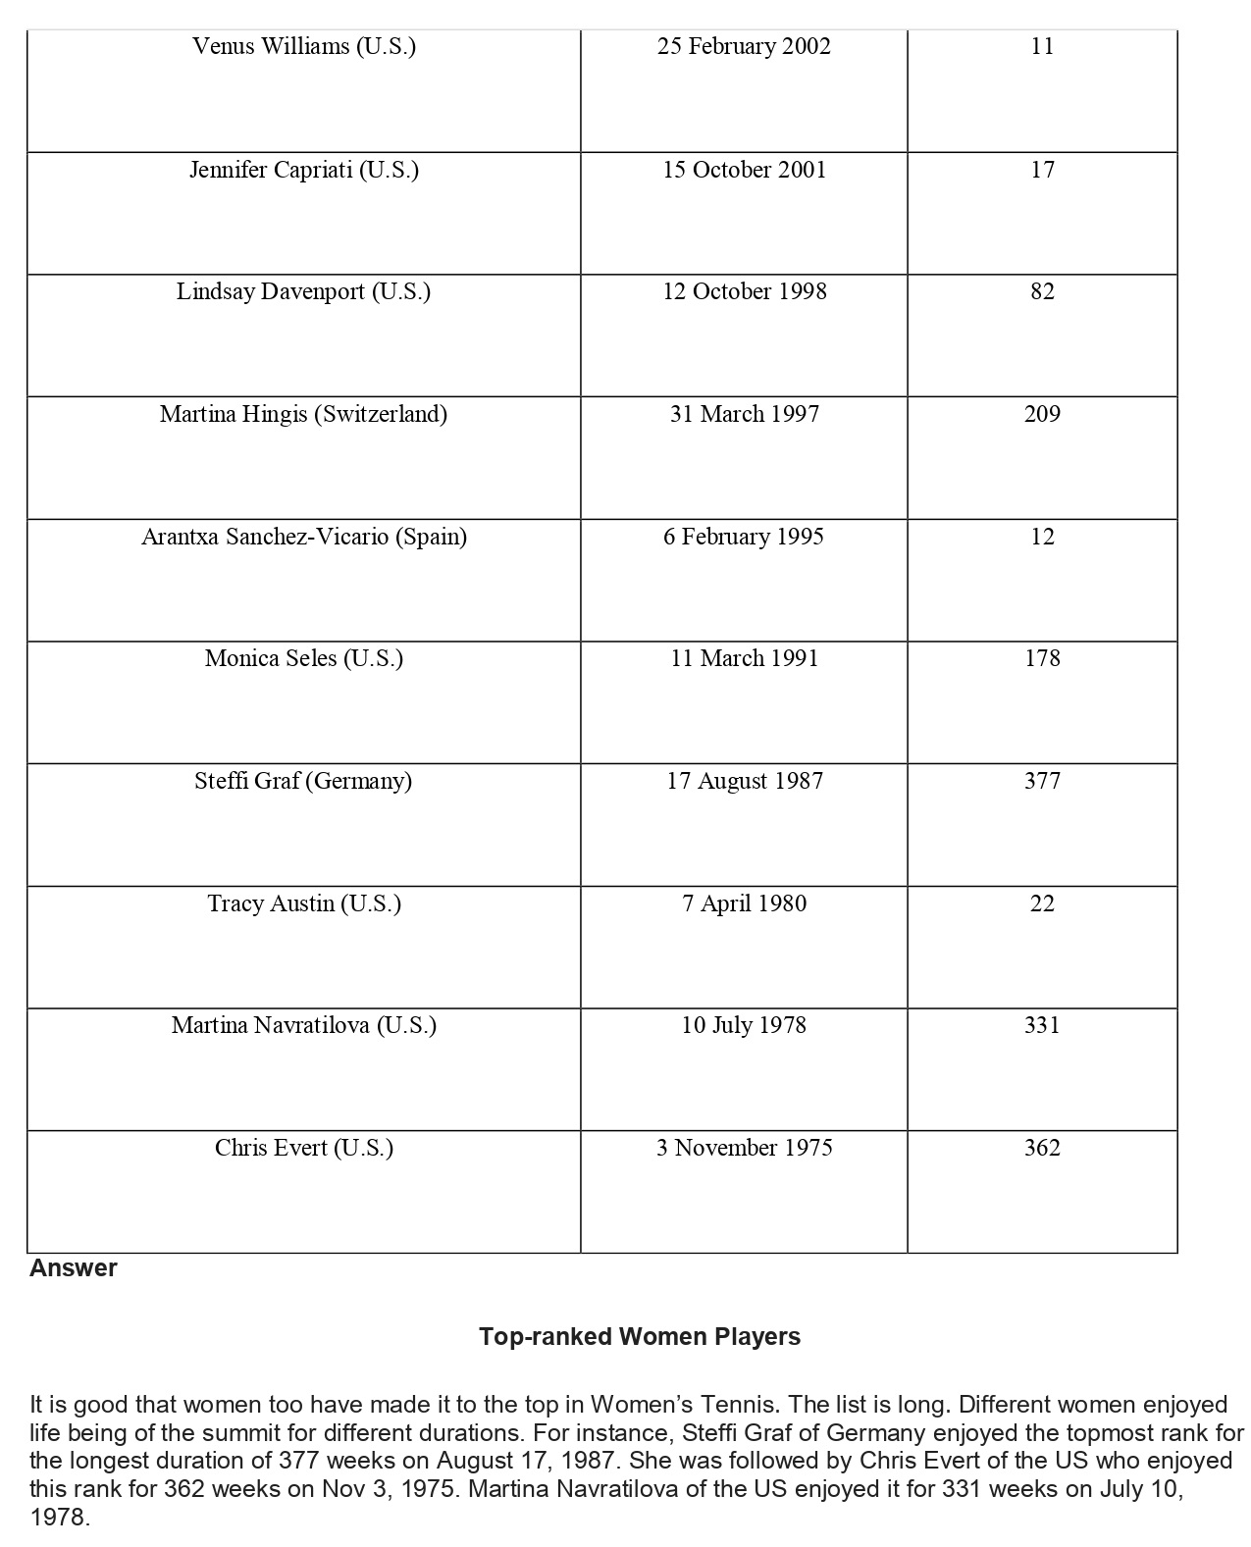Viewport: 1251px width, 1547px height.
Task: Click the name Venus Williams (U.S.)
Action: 304,46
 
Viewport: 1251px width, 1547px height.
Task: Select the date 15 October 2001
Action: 744,170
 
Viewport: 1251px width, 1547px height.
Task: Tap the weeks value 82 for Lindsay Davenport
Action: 1042,291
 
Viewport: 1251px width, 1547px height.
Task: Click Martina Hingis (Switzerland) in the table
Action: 303,414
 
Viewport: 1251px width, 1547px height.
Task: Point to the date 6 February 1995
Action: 744,537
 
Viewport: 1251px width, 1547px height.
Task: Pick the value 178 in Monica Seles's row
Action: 1042,658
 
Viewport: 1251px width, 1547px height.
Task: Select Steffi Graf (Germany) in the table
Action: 303,781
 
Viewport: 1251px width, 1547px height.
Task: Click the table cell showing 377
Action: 1042,781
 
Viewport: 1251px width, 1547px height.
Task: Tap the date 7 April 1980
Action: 744,903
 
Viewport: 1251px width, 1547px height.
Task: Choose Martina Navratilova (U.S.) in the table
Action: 304,1025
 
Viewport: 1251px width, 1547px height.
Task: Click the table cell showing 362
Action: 1042,1148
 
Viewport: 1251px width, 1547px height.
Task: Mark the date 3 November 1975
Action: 744,1148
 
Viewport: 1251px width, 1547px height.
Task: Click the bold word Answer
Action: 74,1268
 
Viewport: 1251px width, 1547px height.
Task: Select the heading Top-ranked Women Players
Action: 640,1337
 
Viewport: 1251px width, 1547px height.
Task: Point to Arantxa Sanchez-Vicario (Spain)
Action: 304,537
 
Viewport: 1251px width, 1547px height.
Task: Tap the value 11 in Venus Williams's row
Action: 1042,46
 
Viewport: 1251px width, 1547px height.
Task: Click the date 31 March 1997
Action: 744,414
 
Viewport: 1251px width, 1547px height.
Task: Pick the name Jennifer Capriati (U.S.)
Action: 304,170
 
